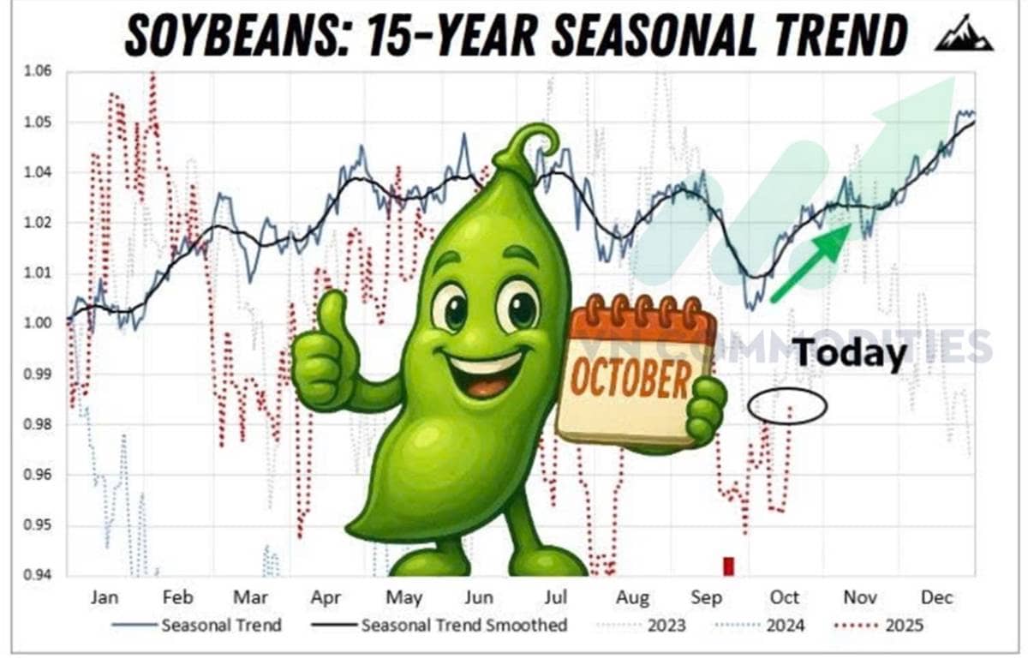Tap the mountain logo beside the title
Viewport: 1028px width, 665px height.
coord(965,33)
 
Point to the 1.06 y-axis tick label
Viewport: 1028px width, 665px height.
coord(38,71)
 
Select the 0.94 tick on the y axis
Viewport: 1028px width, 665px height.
coord(38,574)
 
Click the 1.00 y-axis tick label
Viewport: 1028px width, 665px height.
coord(38,323)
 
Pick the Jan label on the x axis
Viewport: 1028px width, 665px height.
coord(105,597)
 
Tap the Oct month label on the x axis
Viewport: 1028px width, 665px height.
coord(785,597)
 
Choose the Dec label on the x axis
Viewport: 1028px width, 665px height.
coord(937,597)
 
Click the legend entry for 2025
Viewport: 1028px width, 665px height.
coord(879,625)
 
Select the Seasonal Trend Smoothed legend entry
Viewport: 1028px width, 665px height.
coord(439,625)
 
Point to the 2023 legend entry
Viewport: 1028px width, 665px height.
coord(641,625)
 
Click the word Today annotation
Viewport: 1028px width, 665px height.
coord(850,354)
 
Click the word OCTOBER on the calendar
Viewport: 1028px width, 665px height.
coord(631,379)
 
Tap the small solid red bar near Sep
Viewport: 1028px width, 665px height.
coord(729,566)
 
